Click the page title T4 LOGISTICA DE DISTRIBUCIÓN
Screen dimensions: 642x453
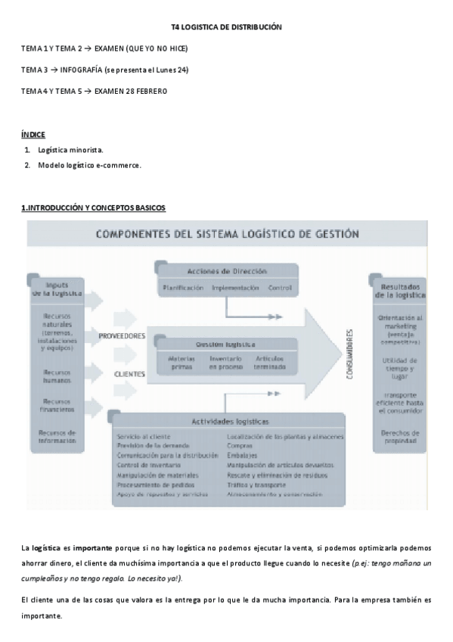pos(226,26)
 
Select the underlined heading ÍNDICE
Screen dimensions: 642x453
pos(33,134)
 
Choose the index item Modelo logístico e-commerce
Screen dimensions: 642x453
pos(89,164)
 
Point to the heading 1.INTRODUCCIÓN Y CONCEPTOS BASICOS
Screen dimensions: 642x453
pos(93,207)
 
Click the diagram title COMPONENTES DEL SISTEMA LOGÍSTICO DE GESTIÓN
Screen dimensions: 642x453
pos(227,234)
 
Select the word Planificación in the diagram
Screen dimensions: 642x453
pos(182,288)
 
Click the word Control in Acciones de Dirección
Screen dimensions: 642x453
pos(280,288)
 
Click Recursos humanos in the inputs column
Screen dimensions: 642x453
pos(57,376)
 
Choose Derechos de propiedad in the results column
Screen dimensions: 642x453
pos(402,436)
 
